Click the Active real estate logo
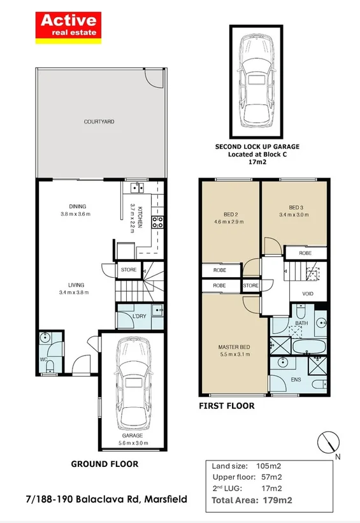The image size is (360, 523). pyautogui.click(x=68, y=27)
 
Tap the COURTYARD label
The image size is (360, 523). pyautogui.click(x=99, y=122)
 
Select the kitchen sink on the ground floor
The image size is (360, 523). pyautogui.click(x=136, y=188)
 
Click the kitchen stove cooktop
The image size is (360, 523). pyautogui.click(x=157, y=222)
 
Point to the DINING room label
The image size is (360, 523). pyautogui.click(x=77, y=206)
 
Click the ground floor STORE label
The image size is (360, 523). pyautogui.click(x=129, y=269)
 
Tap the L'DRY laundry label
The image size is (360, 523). pyautogui.click(x=139, y=316)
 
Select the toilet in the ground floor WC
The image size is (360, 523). pyautogui.click(x=50, y=366)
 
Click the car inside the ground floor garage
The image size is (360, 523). pyautogui.click(x=133, y=384)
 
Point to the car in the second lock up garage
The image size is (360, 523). pyautogui.click(x=256, y=81)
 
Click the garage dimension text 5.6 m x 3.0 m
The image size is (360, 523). pyautogui.click(x=133, y=443)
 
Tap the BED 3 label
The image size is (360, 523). pyautogui.click(x=296, y=208)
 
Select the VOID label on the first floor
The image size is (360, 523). pyautogui.click(x=307, y=294)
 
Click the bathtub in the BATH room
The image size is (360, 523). pyautogui.click(x=309, y=346)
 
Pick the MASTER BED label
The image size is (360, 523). pyautogui.click(x=234, y=347)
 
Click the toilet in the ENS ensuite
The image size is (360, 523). pyautogui.click(x=320, y=383)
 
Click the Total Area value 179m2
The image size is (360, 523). pyautogui.click(x=277, y=500)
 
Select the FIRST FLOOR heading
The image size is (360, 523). pyautogui.click(x=227, y=406)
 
